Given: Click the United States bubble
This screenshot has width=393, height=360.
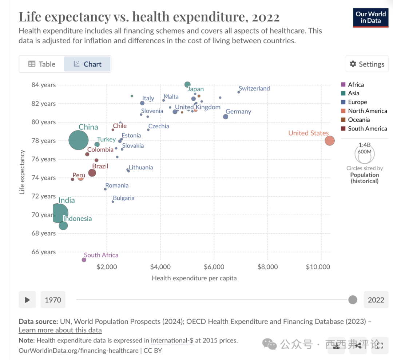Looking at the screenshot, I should tap(329, 140).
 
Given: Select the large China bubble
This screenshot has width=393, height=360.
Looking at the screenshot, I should tap(78, 140).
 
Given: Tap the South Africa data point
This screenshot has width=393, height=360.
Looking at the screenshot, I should tap(84, 260).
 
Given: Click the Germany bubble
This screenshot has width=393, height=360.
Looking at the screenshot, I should tap(226, 117).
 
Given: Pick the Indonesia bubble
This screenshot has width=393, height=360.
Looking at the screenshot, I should tap(63, 225).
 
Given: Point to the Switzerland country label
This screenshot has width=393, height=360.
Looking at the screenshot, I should tap(254, 88).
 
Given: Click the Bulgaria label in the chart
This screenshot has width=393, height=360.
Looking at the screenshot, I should tap(124, 198).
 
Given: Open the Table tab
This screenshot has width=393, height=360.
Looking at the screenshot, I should tap(42, 64).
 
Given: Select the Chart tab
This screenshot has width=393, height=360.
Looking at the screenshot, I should tap(87, 64).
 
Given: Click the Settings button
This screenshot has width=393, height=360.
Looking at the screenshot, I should tap(367, 64).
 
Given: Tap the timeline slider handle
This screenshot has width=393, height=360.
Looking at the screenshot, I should tap(353, 300).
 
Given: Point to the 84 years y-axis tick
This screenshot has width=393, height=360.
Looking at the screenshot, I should tap(43, 85).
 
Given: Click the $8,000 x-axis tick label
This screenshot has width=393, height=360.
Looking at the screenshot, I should tap(267, 267).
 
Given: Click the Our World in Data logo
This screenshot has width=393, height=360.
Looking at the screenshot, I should tap(371, 17).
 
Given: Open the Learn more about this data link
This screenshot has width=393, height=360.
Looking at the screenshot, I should tap(60, 330).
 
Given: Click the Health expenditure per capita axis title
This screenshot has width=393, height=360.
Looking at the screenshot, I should tap(194, 278).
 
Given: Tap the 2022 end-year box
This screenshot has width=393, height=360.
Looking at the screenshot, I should tap(376, 300).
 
